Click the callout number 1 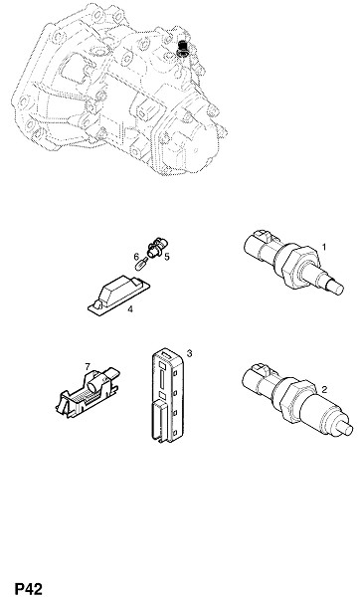coord(324,248)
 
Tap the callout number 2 coord(324,389)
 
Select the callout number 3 coord(189,353)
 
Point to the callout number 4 coord(130,309)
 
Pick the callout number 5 coord(167,257)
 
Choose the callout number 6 coord(136,257)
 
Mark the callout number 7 coord(88,366)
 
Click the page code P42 coord(29,588)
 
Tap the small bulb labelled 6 coord(143,263)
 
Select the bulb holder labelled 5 coord(156,247)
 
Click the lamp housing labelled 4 coord(118,295)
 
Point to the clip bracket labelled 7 coord(88,392)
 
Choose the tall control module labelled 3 coord(168,397)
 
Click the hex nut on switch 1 coord(299,267)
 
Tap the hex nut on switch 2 coord(298,400)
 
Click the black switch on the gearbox coord(183,49)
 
